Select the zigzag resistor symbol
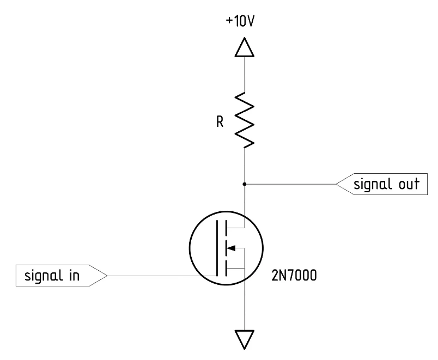point(244,120)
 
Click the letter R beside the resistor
point(219,122)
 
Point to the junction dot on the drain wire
point(244,184)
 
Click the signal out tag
point(382,184)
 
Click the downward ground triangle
point(244,339)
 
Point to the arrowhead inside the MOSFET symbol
point(230,248)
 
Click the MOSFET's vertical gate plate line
point(217,248)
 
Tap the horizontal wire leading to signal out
point(289,184)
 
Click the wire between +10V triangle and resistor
point(244,74)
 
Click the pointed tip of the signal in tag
point(107,276)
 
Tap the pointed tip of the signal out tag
point(336,184)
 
